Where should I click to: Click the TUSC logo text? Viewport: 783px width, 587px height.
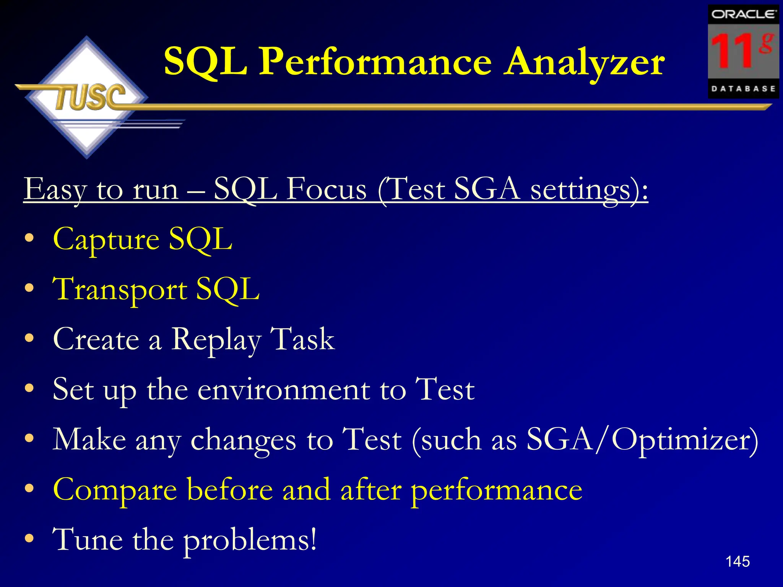(x=90, y=97)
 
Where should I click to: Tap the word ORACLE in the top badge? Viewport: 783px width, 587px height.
(x=743, y=15)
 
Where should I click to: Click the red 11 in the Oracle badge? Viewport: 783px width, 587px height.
(x=733, y=51)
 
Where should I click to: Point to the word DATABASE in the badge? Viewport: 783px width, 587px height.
(x=743, y=89)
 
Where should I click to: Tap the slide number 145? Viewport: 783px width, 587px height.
(x=738, y=562)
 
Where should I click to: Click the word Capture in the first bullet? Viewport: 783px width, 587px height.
(x=106, y=240)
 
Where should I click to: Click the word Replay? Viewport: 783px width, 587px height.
(x=216, y=340)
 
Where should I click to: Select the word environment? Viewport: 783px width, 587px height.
(x=284, y=389)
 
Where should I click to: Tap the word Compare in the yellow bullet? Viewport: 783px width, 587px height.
(x=115, y=490)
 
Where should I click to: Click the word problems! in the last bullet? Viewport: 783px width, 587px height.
(x=250, y=540)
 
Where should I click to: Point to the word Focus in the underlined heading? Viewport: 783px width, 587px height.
(x=327, y=189)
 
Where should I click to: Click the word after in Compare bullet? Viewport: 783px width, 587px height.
(x=371, y=490)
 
